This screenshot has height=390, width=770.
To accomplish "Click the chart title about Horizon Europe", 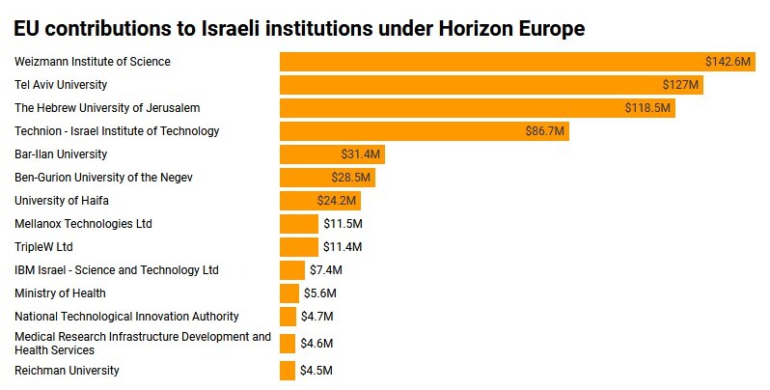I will [299, 29].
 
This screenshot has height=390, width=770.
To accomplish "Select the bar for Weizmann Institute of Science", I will [482, 62].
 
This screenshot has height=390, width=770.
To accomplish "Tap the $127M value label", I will [680, 85].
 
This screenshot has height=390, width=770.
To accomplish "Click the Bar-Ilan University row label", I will [61, 154].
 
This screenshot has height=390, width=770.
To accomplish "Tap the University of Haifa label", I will [62, 201].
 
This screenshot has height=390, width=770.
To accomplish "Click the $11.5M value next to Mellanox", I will [343, 224].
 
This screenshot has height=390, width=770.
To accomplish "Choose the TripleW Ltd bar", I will [298, 247].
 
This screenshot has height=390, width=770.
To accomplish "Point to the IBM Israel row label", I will [117, 270].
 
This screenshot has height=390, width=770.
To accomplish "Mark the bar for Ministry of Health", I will [289, 293].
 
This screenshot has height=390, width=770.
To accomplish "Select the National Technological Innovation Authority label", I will [126, 317].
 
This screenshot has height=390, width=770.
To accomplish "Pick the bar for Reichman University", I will [288, 371].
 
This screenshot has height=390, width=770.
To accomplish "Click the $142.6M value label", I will [728, 62].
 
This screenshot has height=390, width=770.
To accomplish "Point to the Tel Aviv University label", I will [61, 85].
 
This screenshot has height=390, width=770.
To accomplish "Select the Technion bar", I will [405, 131].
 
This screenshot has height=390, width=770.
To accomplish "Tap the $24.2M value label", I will [337, 201].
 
